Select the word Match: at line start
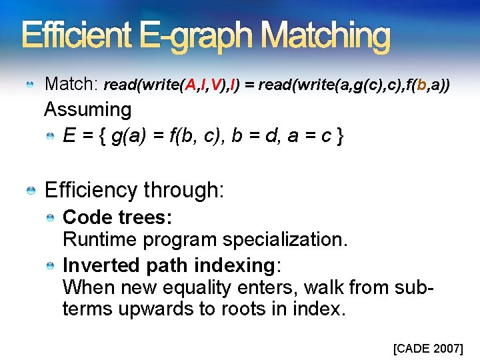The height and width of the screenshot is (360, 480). click(x=71, y=84)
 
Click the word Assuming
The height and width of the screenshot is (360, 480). click(x=87, y=109)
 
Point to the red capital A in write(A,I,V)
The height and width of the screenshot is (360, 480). click(x=191, y=85)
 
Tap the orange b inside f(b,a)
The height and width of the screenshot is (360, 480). click(x=421, y=85)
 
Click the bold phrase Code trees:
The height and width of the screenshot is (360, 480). click(x=117, y=218)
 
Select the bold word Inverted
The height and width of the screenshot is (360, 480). click(x=101, y=265)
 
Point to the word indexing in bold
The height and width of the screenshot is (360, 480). click(x=235, y=265)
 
